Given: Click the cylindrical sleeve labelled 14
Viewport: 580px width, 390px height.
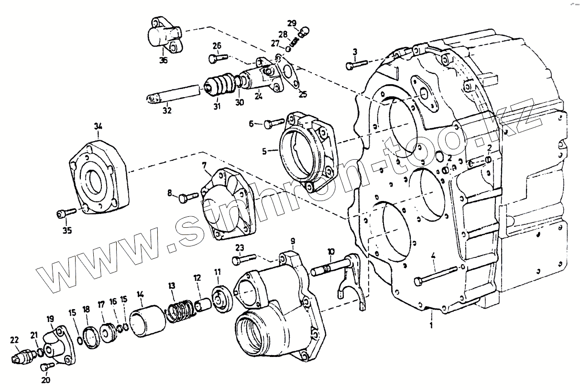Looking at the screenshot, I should click(148, 319).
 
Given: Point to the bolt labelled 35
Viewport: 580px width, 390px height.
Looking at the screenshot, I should click(66, 212).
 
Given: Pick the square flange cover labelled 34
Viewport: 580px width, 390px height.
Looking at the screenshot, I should click(99, 176).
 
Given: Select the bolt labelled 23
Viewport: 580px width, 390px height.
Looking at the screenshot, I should click(244, 260).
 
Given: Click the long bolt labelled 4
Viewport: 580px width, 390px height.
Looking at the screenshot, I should click(438, 275).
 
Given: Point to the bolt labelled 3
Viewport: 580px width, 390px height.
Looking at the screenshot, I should click(356, 64).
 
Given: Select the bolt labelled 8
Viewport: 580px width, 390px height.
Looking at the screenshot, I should click(189, 196).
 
